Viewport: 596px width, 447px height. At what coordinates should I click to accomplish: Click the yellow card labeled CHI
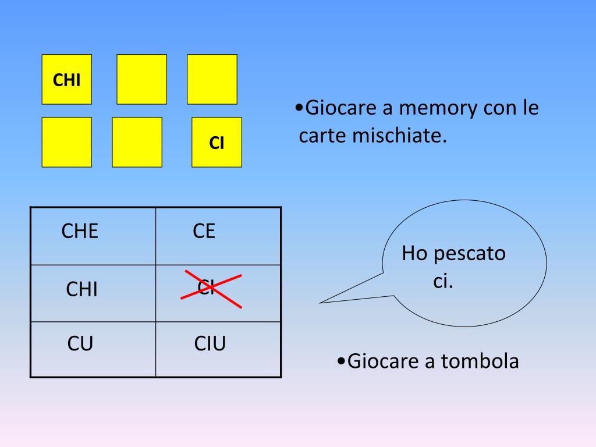(66, 79)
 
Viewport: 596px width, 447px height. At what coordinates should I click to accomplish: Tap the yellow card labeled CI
(217, 143)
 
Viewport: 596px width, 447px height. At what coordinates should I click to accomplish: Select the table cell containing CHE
(93, 236)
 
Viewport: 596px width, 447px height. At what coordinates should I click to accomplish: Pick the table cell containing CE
(218, 236)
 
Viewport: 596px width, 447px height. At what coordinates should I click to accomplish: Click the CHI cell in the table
(93, 293)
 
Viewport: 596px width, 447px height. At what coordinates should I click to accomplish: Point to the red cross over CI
(211, 288)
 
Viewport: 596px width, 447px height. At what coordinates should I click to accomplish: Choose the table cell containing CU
(93, 349)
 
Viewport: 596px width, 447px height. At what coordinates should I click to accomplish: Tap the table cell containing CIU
(218, 349)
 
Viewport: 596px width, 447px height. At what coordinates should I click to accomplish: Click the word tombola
(479, 361)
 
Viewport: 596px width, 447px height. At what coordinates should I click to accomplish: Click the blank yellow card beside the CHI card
(142, 79)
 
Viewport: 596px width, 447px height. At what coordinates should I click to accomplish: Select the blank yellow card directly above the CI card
(212, 79)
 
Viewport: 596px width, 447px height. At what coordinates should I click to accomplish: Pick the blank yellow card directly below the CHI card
(66, 143)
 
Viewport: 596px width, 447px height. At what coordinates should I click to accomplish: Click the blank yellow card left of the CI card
(137, 143)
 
